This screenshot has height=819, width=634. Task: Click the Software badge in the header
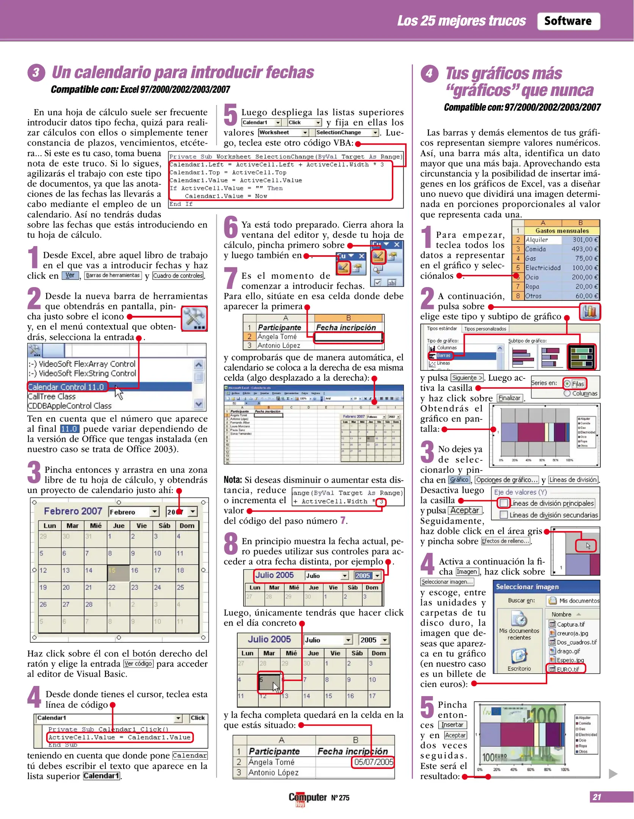(x=568, y=21)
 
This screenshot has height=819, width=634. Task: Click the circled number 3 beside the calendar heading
(x=36, y=72)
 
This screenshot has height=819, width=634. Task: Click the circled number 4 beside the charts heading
(x=429, y=73)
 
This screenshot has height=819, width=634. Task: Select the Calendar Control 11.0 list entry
(x=67, y=387)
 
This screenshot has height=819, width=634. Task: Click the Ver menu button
(x=70, y=276)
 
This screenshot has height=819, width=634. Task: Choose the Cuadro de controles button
(x=178, y=276)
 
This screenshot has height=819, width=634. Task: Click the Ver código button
(x=138, y=664)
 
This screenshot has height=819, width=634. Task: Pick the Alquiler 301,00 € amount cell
(x=580, y=240)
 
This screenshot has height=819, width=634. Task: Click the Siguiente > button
(x=467, y=378)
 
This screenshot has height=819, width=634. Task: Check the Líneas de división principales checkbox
(x=504, y=503)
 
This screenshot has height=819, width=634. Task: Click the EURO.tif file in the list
(x=567, y=669)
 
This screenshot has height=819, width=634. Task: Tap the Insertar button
(x=452, y=725)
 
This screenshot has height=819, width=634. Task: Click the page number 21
(x=597, y=797)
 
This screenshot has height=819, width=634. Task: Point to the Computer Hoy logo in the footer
(x=307, y=798)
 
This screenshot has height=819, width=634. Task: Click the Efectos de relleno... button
(x=506, y=541)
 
